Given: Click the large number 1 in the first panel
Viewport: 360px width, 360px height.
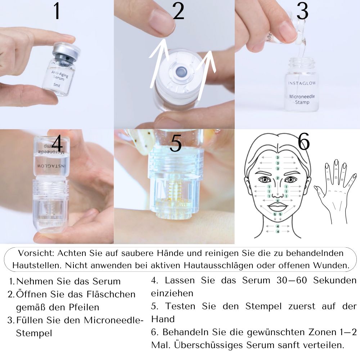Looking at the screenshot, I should [x=57, y=12].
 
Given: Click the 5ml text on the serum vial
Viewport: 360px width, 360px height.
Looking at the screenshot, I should [x=57, y=85].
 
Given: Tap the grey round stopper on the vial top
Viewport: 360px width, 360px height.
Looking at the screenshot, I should [x=177, y=72].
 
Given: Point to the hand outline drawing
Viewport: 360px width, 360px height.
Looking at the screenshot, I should [x=333, y=191].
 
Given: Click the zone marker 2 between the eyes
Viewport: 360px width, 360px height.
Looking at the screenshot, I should [x=278, y=178].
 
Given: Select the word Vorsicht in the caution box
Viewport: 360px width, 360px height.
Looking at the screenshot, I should [x=34, y=253].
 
